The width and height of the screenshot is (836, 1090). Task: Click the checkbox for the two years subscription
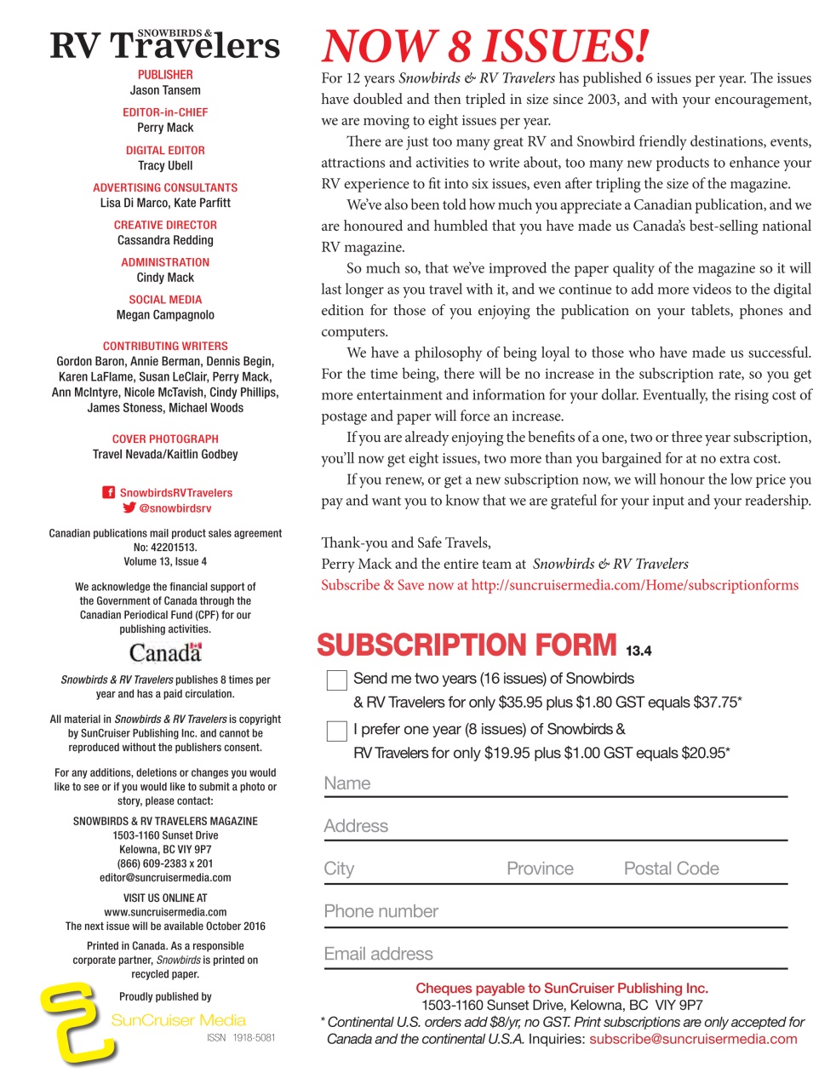pyautogui.click(x=337, y=680)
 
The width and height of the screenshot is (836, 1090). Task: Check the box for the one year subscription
pyautogui.click(x=337, y=731)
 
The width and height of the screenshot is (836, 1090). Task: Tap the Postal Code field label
pyautogui.click(x=671, y=869)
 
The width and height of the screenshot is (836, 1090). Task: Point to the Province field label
pyautogui.click(x=540, y=869)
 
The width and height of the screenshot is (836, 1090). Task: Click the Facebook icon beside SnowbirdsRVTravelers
pyautogui.click(x=109, y=492)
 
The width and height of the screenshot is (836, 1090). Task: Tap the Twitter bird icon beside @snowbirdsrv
pyautogui.click(x=129, y=508)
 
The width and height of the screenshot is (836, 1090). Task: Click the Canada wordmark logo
pyautogui.click(x=165, y=652)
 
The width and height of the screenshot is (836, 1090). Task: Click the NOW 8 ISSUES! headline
pyautogui.click(x=484, y=46)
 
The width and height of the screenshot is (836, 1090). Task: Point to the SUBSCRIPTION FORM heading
pyautogui.click(x=466, y=645)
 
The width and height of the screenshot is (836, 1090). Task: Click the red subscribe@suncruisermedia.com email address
pyautogui.click(x=693, y=1039)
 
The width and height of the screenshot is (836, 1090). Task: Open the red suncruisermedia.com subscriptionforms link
pyautogui.click(x=634, y=585)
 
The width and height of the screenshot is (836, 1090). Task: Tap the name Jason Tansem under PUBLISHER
pyautogui.click(x=165, y=90)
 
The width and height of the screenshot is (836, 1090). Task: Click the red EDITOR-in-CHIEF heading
pyautogui.click(x=165, y=112)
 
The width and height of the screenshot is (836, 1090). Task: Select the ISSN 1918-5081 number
pyautogui.click(x=241, y=1038)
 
